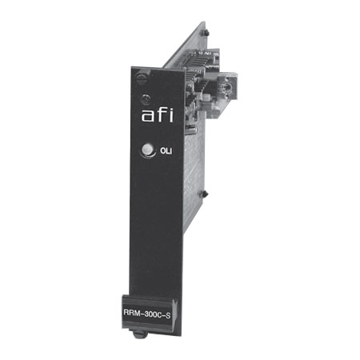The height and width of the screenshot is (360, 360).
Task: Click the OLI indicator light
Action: (147, 150)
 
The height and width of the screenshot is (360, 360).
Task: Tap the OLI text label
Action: (166, 151)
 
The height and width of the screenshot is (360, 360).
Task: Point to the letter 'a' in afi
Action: (147, 116)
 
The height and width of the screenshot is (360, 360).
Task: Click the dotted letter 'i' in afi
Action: (170, 114)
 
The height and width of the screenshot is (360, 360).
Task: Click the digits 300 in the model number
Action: (150, 313)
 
